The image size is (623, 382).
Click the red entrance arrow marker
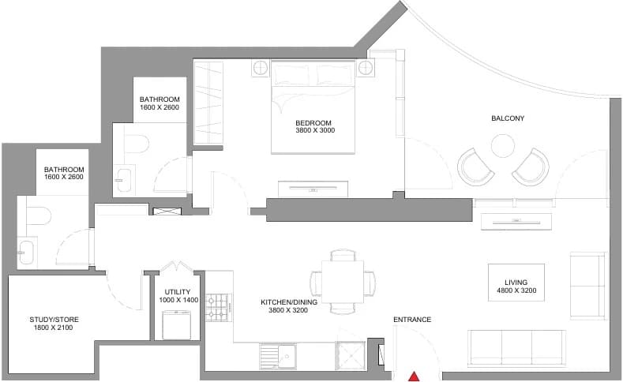point(415,376)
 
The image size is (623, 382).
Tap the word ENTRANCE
point(412,320)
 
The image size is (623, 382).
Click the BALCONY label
point(508,118)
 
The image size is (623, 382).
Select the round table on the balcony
point(503,146)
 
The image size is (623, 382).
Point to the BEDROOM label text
point(313,123)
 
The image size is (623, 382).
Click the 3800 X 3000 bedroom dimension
point(315,130)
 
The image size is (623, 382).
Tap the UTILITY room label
point(178,292)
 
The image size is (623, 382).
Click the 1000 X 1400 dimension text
point(178,300)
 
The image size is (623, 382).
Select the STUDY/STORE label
point(54,320)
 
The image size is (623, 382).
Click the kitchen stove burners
point(218,307)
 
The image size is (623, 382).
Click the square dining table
point(343,282)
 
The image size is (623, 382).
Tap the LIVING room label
point(516,283)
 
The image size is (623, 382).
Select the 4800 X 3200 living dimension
point(516,290)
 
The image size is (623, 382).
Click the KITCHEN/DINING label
point(289,302)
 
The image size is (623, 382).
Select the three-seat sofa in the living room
point(516,348)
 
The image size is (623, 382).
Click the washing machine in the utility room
point(177,325)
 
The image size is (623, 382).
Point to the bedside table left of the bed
point(261,68)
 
